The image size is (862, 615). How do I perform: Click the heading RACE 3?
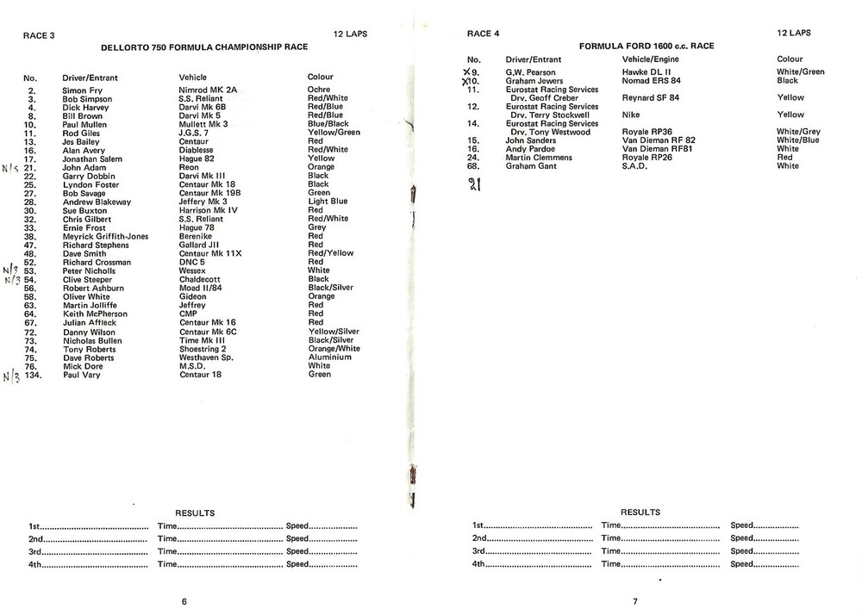[39, 34]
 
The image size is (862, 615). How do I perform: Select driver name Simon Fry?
[83, 90]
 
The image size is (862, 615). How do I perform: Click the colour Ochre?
[319, 90]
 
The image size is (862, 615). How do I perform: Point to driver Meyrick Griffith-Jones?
[105, 236]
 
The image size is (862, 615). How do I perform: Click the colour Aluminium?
[329, 357]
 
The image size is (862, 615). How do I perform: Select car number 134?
[34, 375]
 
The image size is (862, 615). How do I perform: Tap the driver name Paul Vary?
[83, 375]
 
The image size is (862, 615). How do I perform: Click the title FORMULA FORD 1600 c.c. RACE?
[646, 46]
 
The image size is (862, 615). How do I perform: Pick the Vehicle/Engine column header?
[652, 59]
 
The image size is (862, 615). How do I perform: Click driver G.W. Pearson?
[530, 72]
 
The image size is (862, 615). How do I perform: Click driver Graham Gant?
[530, 166]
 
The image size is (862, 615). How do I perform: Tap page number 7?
[635, 601]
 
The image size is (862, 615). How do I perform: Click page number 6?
[184, 601]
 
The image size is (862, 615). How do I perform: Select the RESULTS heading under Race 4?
[640, 512]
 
